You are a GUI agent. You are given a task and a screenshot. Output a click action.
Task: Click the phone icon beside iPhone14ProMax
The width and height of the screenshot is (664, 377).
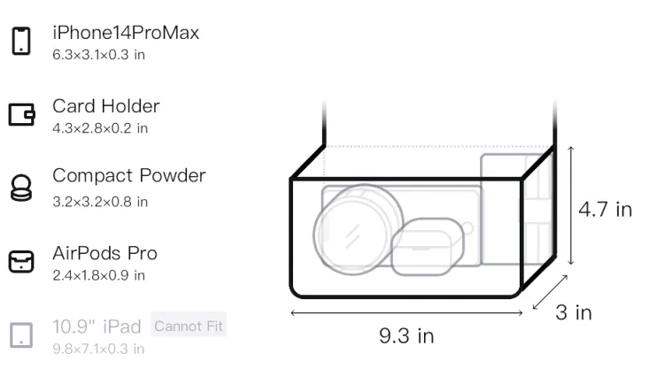[21, 41]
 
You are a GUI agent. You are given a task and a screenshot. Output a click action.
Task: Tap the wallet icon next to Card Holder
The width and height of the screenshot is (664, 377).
[21, 115]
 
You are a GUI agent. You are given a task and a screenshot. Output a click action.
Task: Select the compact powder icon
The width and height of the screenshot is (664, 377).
[21, 188]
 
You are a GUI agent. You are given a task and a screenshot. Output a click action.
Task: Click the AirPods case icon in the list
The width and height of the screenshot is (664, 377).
[21, 261]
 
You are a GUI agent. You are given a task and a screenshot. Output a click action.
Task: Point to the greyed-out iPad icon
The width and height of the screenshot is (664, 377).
[21, 335]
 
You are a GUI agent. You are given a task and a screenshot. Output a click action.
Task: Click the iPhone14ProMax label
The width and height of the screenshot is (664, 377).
[126, 33]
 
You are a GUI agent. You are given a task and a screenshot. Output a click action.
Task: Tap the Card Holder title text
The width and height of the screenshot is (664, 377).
[106, 106]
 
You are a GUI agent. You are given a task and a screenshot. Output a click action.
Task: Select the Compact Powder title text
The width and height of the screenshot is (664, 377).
[129, 175]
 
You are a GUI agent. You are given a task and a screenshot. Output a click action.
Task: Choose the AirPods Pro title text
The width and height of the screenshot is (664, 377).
[105, 253]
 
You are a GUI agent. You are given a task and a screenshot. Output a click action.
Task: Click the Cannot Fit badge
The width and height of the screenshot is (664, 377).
[189, 326]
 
